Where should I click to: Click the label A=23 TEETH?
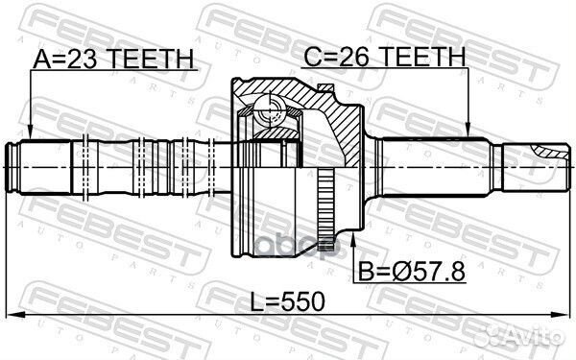click(x=112, y=60)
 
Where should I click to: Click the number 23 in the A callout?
click(x=82, y=60)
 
